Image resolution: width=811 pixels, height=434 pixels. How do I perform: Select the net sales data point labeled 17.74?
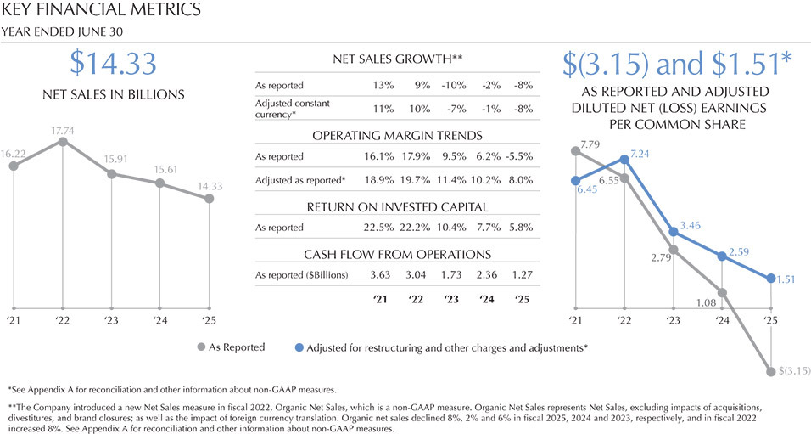point(63,142)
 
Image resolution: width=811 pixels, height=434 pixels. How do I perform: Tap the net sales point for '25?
point(210,199)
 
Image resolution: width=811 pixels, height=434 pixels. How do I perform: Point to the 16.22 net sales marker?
point(14,166)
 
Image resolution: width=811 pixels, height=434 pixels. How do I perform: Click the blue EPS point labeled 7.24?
point(624,159)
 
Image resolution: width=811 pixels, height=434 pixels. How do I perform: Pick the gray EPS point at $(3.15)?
point(770,371)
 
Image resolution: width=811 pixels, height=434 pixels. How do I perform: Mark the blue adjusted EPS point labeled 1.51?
point(770,278)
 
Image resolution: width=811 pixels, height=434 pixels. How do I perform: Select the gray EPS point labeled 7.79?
point(576,151)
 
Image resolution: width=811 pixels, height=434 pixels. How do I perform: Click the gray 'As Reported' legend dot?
point(201,347)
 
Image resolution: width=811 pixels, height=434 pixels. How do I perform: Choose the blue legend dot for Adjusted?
point(299,347)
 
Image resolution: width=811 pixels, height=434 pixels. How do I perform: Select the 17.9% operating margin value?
point(419,157)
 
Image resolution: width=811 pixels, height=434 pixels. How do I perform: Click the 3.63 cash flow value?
point(381,275)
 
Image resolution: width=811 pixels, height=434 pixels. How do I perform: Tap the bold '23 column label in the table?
point(454,299)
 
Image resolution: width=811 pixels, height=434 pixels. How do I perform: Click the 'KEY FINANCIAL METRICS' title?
point(102,11)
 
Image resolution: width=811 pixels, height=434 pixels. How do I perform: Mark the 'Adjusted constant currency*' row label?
point(293,108)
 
